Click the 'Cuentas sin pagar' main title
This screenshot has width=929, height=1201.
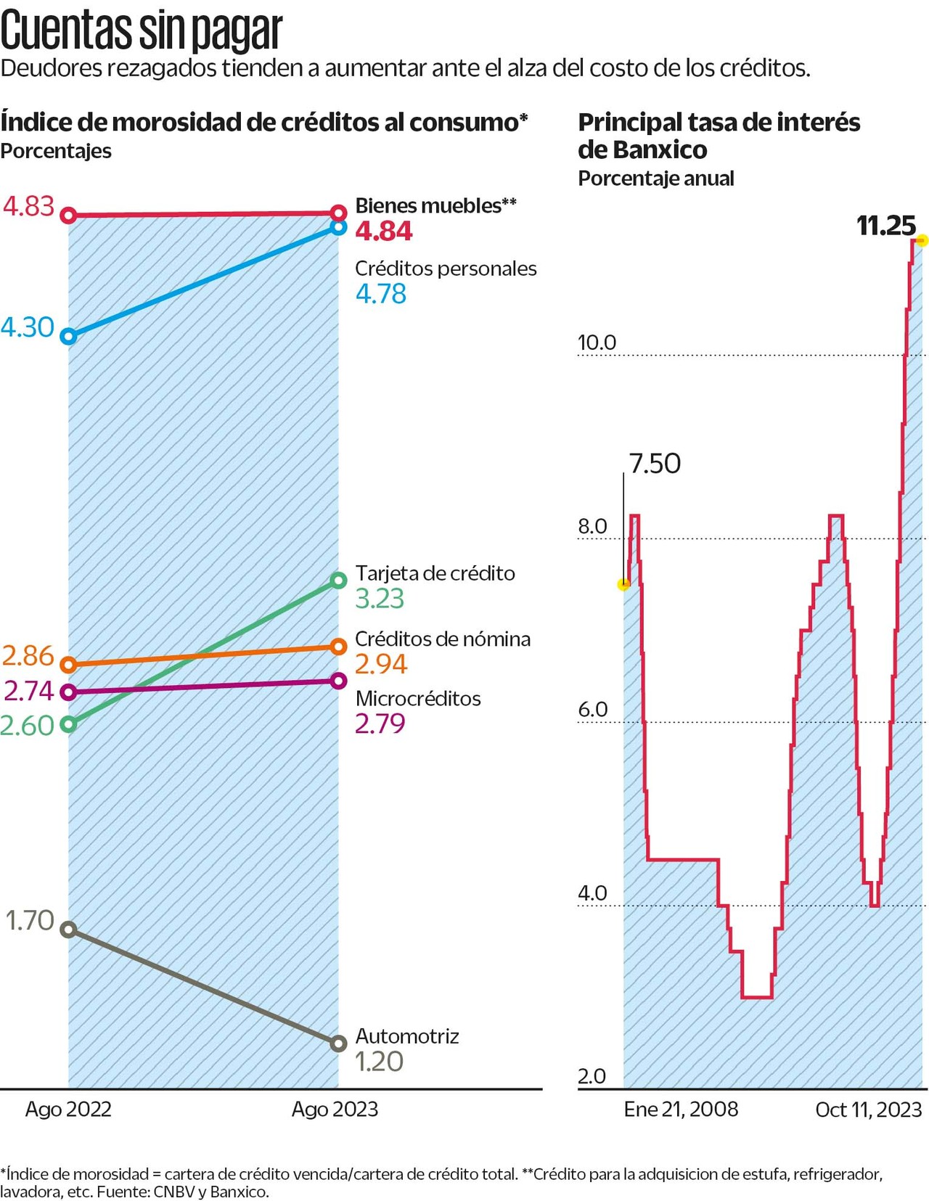coord(141,30)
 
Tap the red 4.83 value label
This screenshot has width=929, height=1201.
coord(29,207)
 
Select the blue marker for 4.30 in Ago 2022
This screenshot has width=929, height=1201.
coord(69,337)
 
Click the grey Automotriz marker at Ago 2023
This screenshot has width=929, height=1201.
coord(338,1044)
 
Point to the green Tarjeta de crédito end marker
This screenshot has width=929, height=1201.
coord(338,580)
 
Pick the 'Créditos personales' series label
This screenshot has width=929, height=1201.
coord(446,269)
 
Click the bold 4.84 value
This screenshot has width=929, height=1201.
coord(384,231)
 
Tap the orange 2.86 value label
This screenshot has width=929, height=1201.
coord(28,656)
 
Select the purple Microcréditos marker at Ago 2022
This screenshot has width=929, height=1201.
coord(69,692)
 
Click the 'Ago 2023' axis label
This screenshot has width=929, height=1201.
coord(335,1110)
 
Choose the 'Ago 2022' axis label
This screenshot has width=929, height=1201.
coord(68,1110)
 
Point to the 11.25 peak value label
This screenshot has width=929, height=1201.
coord(885,226)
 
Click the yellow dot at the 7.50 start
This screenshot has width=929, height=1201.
coord(623,584)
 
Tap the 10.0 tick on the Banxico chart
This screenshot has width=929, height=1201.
coord(597,343)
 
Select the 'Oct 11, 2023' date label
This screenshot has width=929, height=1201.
coord(868,1110)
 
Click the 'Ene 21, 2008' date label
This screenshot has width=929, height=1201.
coord(681,1110)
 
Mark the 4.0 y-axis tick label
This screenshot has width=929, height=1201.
coord(592,893)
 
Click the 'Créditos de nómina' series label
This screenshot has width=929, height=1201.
coord(443,639)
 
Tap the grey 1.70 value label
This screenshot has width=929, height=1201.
coord(30,920)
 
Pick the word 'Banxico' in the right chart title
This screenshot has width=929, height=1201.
coord(660,150)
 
